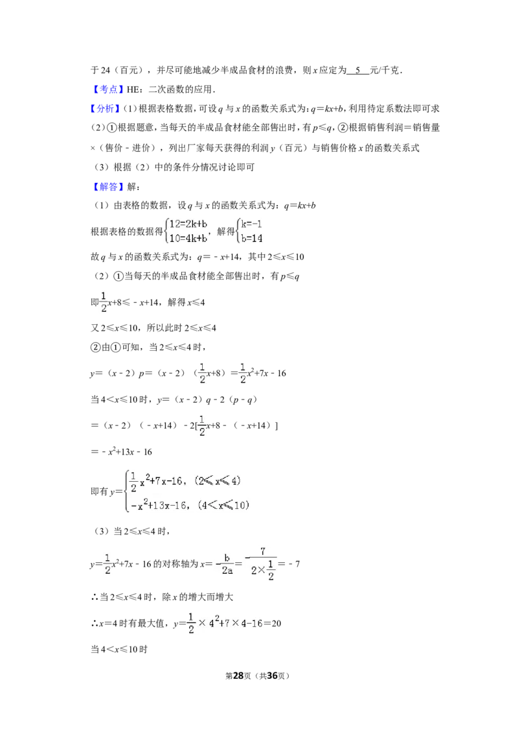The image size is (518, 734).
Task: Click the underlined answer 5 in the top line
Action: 357,70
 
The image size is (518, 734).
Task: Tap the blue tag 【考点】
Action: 107,89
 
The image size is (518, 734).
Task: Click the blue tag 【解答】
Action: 108,187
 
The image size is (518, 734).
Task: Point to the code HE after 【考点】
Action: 133,89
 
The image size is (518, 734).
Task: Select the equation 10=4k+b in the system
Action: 188,238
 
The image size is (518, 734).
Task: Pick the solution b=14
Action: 251,238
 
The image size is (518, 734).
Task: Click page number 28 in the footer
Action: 238,676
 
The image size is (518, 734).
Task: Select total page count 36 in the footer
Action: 272,676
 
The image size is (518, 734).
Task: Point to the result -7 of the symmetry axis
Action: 295,563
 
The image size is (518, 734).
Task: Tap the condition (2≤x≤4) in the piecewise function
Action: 218,480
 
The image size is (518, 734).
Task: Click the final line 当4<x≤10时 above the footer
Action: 119,649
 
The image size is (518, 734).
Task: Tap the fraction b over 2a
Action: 227,564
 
